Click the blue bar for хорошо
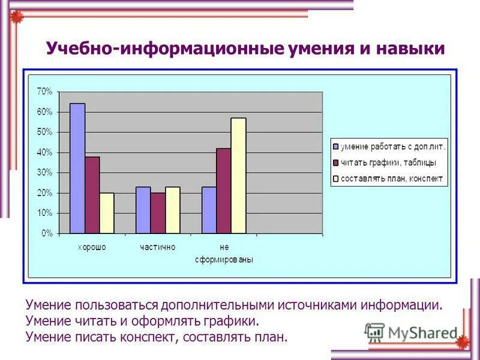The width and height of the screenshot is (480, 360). (x=77, y=169)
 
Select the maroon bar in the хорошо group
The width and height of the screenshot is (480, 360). (x=92, y=195)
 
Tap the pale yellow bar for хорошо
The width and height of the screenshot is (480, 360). (x=107, y=213)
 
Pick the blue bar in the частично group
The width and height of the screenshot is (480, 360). (x=143, y=210)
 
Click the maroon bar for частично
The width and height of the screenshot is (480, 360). (x=158, y=213)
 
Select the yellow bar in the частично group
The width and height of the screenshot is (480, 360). (x=172, y=210)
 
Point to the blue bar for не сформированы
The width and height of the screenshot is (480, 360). (x=209, y=210)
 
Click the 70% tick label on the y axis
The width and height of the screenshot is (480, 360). (x=45, y=91)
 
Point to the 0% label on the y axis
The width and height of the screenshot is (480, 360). (x=47, y=234)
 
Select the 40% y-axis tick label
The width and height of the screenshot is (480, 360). (x=45, y=152)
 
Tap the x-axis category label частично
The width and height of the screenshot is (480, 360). (x=158, y=247)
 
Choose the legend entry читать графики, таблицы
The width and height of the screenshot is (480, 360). (x=388, y=162)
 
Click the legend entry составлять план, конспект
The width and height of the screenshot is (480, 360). (x=392, y=178)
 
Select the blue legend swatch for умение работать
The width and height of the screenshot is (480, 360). (x=336, y=146)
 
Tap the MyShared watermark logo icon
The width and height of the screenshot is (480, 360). (x=374, y=332)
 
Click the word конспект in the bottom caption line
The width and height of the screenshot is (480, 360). (x=146, y=337)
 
